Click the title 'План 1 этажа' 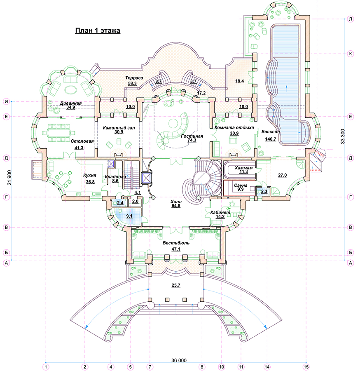[98, 31]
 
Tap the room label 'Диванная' [70, 103]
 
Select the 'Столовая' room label [82, 141]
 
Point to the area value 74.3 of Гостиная [192, 140]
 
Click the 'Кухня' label [90, 175]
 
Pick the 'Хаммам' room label [243, 168]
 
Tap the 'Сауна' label [241, 185]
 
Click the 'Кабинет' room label [220, 212]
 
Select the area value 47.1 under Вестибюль [176, 249]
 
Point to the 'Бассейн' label [271, 131]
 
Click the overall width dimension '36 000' [179, 360]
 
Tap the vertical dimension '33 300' [343, 136]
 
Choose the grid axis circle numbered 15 [306, 367]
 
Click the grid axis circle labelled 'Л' [351, 19]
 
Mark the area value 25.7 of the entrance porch [176, 285]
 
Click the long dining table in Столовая [58, 133]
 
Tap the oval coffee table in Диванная [71, 90]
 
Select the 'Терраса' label [134, 78]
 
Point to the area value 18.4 [239, 81]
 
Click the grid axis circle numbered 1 [46, 367]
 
